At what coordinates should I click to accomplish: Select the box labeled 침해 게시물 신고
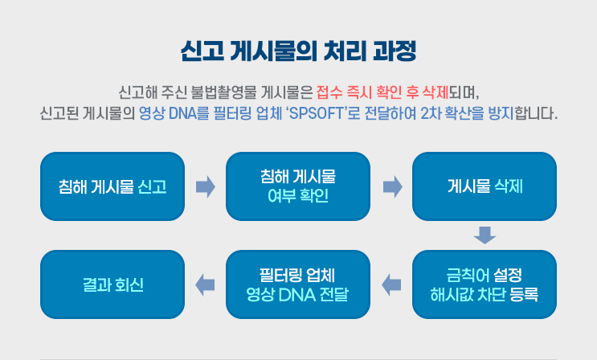pos(112,186)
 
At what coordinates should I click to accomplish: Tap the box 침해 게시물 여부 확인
pos(298,186)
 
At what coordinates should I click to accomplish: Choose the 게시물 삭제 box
pos(485,186)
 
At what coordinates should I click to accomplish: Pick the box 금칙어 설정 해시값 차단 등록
pos(485,284)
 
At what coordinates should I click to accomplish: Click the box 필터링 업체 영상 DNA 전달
pos(298,284)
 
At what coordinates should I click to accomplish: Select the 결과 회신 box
pos(112,284)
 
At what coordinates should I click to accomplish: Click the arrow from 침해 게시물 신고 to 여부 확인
pos(206,187)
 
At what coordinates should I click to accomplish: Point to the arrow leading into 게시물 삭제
pos(392,187)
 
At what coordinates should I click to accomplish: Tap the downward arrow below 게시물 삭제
pos(485,235)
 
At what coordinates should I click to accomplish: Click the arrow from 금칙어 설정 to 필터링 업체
pos(391,283)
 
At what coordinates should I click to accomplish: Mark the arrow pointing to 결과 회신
pos(205,283)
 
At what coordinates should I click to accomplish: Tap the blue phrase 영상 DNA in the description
pos(167,110)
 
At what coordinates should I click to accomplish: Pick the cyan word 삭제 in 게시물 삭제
pos(508,187)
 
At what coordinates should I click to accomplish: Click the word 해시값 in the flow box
pos(452,293)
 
